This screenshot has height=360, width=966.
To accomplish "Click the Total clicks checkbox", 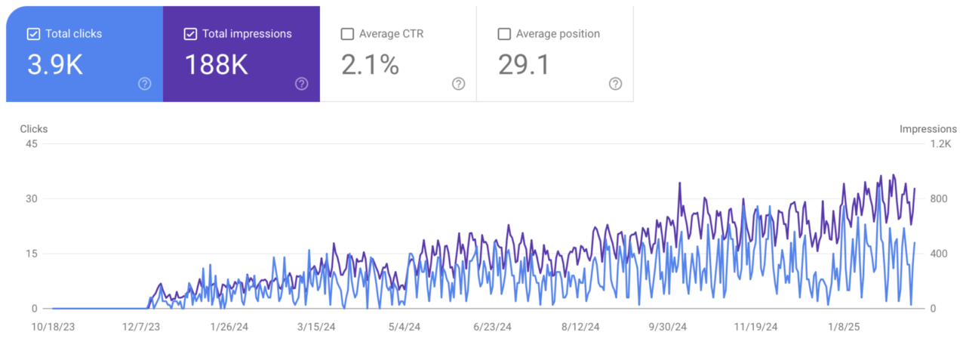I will point(33,34).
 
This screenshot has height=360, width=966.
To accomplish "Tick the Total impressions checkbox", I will point(190,34).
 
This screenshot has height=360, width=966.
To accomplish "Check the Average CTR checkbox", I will point(347,34).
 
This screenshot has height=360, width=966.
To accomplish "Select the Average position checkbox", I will point(504,34).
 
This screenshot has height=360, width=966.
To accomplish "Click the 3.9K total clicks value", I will point(55,66).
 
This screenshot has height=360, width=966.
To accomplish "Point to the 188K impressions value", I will point(216,66).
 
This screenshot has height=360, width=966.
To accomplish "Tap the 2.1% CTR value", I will point(370,66).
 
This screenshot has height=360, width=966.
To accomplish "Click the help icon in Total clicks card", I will point(145,84).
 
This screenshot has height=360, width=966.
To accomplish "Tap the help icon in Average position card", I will point(615,84).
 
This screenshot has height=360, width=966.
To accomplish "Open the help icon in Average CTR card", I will point(458,84).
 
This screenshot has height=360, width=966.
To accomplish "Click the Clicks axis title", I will point(33,129).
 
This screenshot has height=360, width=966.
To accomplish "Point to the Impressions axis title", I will point(928,129).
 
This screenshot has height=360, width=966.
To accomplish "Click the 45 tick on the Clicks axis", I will point(32,145).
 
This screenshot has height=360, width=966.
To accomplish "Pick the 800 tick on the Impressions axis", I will point(937,199).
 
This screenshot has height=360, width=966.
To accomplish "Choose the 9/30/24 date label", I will point(668,327).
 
